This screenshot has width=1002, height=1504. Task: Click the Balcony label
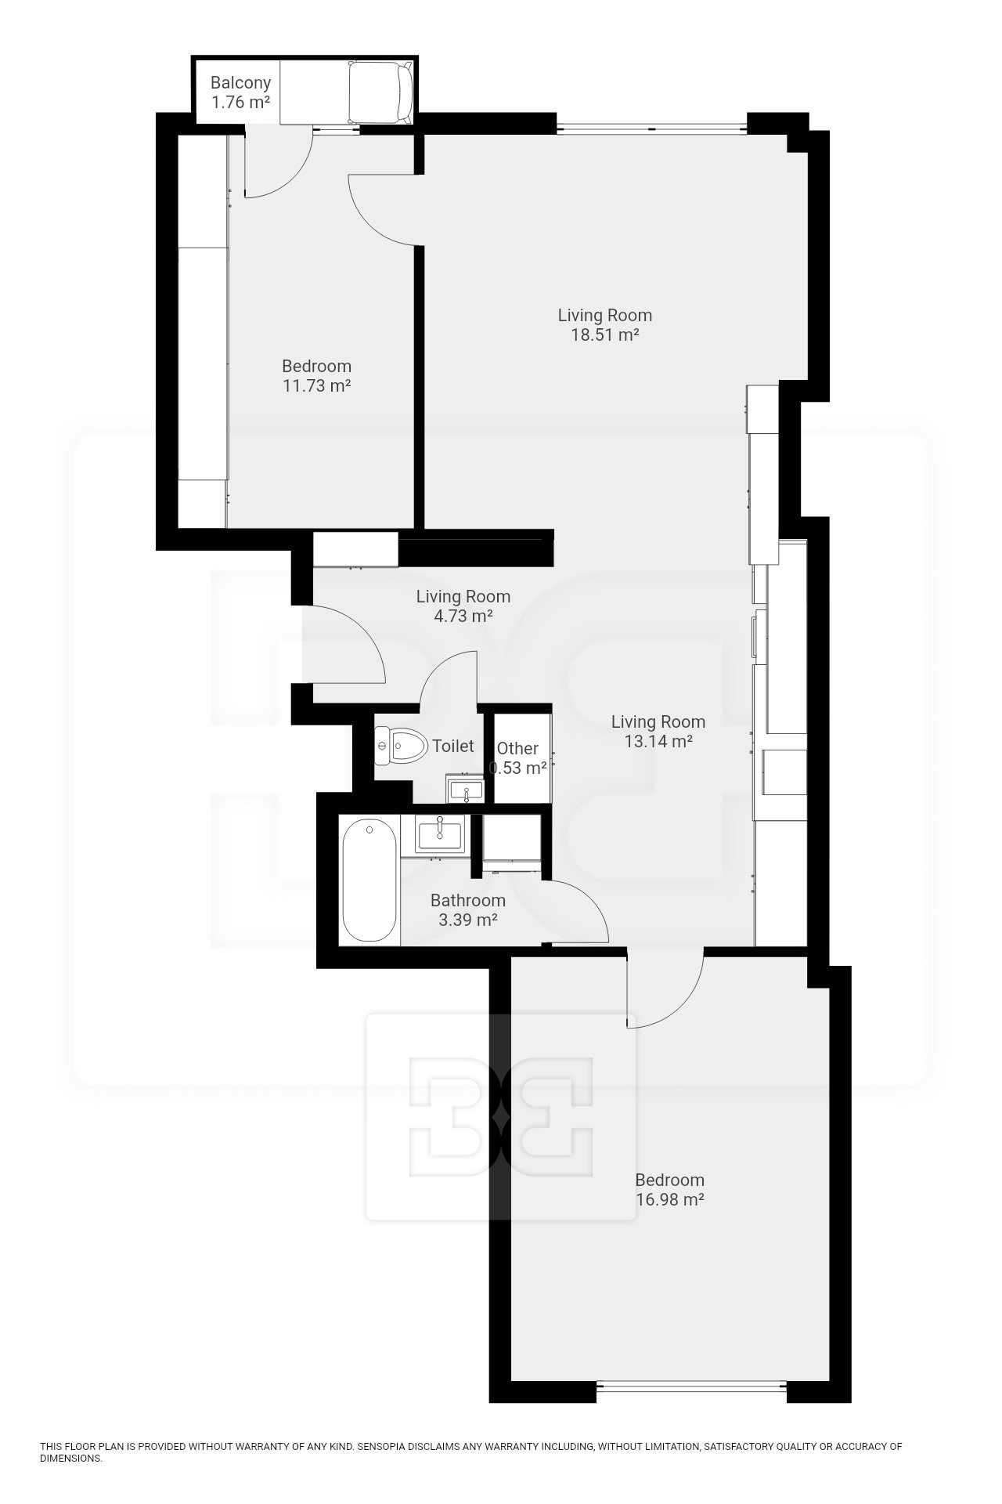point(240,82)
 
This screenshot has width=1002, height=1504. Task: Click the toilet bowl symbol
point(402,745)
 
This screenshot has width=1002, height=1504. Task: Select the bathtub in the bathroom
point(369,880)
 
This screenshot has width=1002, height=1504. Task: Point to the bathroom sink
point(441,833)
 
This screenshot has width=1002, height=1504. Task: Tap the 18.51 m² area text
point(604,334)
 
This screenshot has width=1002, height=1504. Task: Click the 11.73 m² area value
point(316,385)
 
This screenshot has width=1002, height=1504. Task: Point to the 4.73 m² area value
point(463,616)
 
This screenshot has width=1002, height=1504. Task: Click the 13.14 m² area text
point(658,741)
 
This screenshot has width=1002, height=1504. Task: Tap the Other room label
point(517,748)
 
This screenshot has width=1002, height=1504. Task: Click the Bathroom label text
point(468,900)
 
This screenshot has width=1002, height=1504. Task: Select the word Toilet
point(453,746)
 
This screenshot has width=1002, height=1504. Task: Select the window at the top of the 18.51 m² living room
point(651,126)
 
